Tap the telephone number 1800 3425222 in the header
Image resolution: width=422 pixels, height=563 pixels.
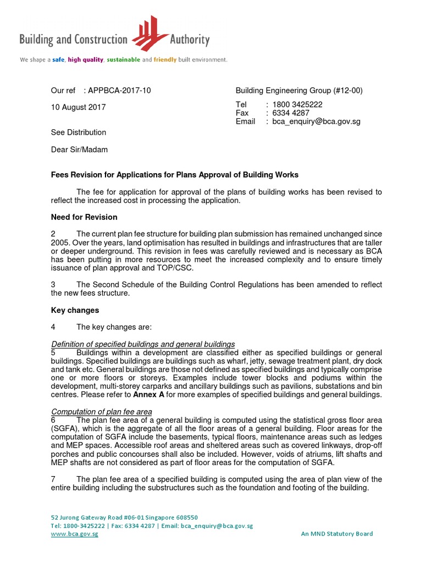tap(297, 104)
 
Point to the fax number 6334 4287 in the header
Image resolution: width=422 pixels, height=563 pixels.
tap(291, 113)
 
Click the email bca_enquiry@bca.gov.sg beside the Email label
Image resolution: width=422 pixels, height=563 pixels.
tap(316, 122)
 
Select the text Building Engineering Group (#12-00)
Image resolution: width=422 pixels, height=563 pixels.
tap(299, 91)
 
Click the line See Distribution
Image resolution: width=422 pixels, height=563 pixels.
tap(79, 133)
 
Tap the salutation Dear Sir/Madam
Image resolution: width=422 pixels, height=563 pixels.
tap(80, 150)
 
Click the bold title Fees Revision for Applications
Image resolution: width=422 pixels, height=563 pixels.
tap(175, 175)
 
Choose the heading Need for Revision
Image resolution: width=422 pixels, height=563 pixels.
tap(84, 217)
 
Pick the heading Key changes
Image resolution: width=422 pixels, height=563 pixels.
tap(75, 310)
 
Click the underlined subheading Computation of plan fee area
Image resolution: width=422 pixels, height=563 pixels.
tap(102, 412)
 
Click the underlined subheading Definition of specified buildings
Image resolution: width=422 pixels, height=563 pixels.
tap(143, 344)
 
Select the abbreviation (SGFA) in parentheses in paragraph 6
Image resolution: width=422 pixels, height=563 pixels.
tap(64, 428)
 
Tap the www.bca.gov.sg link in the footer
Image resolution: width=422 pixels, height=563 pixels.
tap(74, 534)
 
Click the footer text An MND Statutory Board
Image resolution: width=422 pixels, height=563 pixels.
tap(337, 533)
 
